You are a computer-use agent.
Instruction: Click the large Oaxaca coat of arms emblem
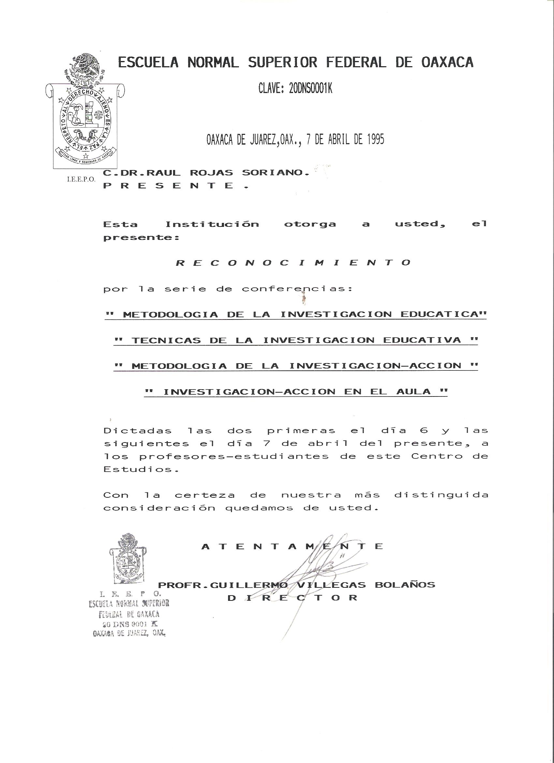tap(86, 114)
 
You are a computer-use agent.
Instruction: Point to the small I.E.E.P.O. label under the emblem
tap(81, 179)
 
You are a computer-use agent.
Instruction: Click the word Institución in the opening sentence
tap(212, 225)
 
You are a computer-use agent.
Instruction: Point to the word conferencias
tap(297, 289)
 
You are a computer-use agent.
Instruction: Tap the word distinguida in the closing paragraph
tap(441, 495)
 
